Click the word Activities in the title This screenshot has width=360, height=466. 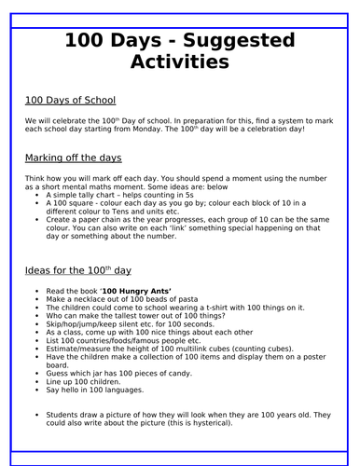(x=180, y=62)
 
